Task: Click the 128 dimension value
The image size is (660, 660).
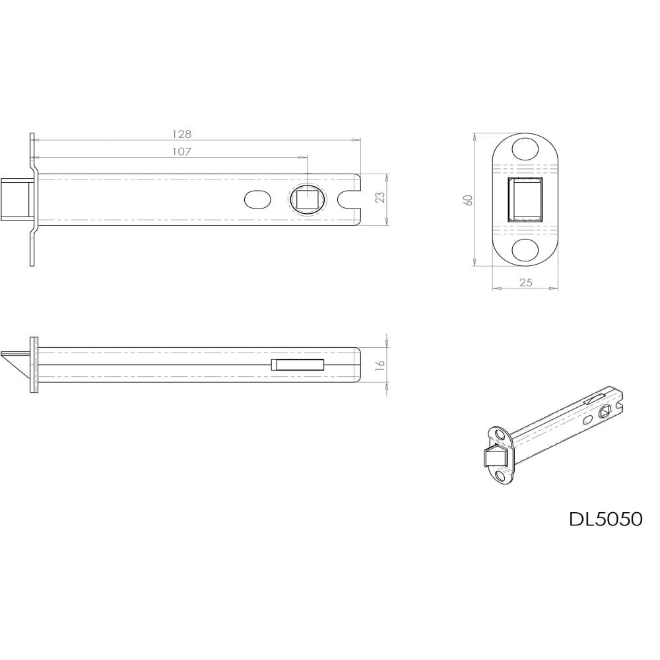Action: tap(181, 134)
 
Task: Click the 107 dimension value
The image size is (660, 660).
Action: tap(181, 152)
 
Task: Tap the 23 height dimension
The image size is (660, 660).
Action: tap(380, 199)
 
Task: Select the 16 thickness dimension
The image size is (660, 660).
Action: tap(380, 365)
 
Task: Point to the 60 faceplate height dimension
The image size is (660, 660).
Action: tap(468, 199)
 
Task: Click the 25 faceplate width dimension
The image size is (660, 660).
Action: tap(525, 282)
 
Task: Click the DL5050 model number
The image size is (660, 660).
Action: tap(605, 519)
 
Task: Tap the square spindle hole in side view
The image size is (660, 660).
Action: tap(307, 199)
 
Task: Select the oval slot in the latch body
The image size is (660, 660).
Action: tap(257, 199)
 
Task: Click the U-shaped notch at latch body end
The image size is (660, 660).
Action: tap(347, 199)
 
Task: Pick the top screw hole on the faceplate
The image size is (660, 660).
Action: tap(525, 148)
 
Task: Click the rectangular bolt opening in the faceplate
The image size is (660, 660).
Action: tap(525, 199)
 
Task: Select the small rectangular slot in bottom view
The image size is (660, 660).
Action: tap(298, 365)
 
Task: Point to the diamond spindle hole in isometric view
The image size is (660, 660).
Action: tap(605, 412)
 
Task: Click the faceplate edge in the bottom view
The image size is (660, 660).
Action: tap(34, 365)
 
